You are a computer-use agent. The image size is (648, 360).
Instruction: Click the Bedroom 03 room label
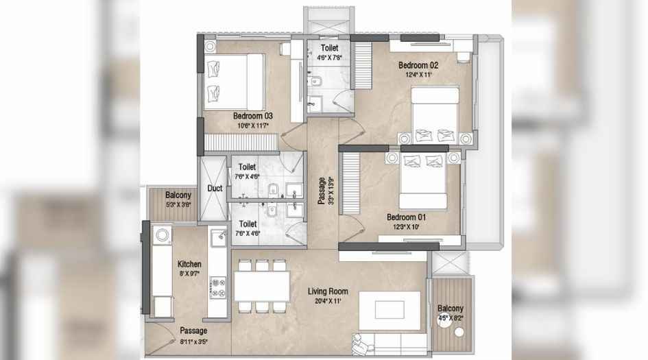(253, 116)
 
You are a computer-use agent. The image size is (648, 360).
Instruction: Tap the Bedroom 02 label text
(418, 65)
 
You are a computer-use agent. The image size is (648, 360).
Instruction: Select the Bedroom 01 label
(407, 217)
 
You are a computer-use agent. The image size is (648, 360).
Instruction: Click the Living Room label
(328, 291)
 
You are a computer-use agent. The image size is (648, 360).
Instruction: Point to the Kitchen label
(189, 263)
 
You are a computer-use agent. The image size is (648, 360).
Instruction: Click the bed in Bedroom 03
(234, 82)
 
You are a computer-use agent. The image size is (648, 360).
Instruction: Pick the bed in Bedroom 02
(435, 114)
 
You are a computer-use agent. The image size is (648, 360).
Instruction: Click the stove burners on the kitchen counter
(218, 287)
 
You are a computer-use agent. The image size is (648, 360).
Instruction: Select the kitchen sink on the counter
(218, 238)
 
